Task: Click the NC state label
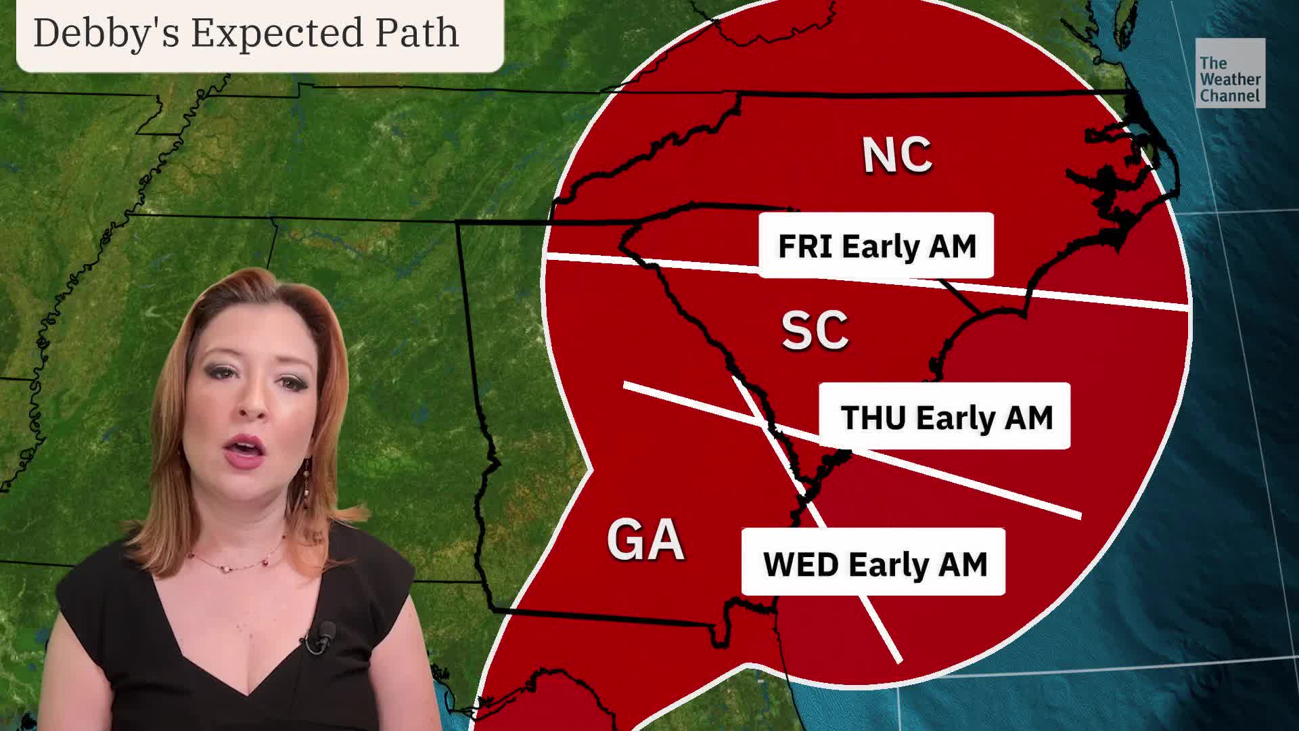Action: pyautogui.click(x=897, y=155)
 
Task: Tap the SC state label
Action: pyautogui.click(x=815, y=331)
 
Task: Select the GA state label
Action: pyautogui.click(x=645, y=539)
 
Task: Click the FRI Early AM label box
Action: pyautogui.click(x=876, y=246)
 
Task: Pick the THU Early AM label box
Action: pyautogui.click(x=944, y=416)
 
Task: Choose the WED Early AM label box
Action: pyautogui.click(x=873, y=562)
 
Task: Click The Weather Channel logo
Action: pyautogui.click(x=1230, y=73)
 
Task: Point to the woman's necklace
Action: pyautogui.click(x=237, y=562)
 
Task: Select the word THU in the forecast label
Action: pyautogui.click(x=873, y=418)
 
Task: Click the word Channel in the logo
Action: pyautogui.click(x=1230, y=96)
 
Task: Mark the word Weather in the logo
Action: pyautogui.click(x=1230, y=80)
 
